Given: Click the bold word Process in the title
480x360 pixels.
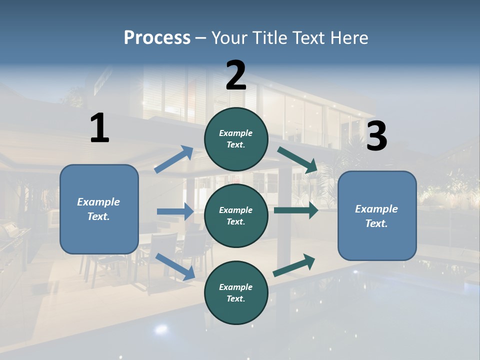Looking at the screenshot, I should click(x=157, y=38).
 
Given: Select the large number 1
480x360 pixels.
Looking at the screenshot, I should click(x=99, y=128).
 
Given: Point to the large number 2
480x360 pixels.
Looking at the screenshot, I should click(x=236, y=75).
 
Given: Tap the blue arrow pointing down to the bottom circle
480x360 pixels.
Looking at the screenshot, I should click(x=175, y=266).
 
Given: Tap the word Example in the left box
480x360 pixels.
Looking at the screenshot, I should click(x=98, y=202).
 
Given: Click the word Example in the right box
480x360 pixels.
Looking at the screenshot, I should click(x=376, y=209).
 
